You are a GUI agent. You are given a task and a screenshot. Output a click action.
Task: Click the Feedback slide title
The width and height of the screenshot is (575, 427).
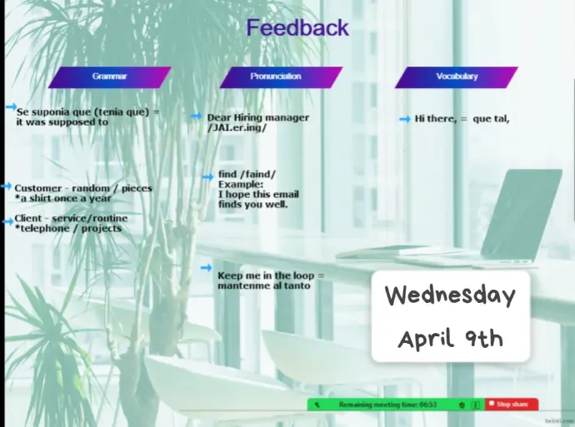click(297, 27)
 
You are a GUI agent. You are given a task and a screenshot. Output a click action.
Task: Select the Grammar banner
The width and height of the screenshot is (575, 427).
click(109, 77)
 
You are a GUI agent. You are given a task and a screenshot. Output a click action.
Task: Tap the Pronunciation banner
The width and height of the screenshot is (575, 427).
click(281, 77)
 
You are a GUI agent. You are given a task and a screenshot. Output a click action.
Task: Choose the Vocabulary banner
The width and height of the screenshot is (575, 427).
click(457, 77)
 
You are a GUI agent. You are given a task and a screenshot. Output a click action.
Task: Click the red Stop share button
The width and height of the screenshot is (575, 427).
click(512, 405)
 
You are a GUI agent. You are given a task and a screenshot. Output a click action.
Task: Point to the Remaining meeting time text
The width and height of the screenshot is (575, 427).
click(387, 405)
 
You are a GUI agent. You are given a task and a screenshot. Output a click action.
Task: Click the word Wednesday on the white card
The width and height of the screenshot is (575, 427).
click(450, 295)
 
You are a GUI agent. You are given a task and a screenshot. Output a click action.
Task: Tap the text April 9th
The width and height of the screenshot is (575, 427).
click(450, 339)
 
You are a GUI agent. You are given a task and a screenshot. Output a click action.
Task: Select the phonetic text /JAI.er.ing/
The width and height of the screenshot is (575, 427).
click(237, 128)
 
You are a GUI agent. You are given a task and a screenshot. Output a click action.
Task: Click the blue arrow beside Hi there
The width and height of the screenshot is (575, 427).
click(404, 119)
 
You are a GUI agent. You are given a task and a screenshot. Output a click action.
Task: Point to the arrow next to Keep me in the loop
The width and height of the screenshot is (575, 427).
click(207, 268)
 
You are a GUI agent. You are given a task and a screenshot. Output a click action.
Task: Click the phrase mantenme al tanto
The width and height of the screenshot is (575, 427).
click(264, 285)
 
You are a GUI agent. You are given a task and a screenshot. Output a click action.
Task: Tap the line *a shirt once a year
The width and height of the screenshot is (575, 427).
click(63, 198)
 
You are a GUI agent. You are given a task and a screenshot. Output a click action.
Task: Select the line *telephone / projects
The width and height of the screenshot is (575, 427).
click(68, 229)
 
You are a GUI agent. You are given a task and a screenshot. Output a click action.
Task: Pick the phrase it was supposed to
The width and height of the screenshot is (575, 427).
click(62, 122)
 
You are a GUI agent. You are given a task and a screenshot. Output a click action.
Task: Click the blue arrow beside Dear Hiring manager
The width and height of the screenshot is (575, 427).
click(196, 117)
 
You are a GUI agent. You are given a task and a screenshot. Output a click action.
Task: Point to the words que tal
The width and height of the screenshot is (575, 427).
click(491, 119)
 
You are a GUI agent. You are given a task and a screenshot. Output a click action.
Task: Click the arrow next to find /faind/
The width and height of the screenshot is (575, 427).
click(207, 177)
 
